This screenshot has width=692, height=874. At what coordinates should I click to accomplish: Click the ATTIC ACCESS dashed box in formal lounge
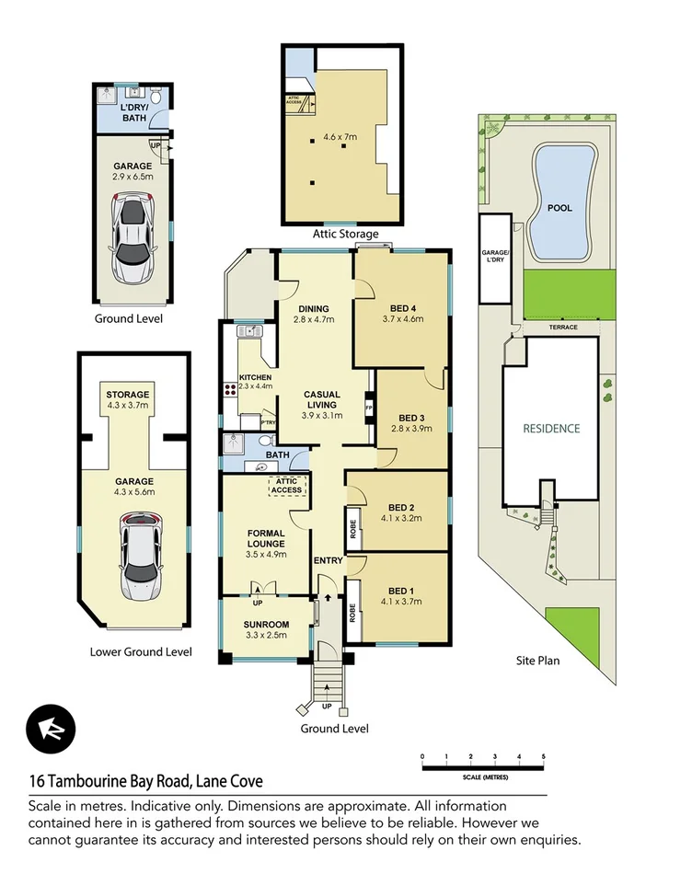coord(285,485)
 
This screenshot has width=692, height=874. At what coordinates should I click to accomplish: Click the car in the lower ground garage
coord(137,556)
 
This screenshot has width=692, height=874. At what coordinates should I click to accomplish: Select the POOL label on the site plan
coord(559,208)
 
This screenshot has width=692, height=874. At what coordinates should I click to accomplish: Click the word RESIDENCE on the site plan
coord(551,428)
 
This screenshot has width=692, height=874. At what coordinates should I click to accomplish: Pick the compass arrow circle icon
coord(47,728)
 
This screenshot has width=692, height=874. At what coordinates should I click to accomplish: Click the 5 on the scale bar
coord(543,756)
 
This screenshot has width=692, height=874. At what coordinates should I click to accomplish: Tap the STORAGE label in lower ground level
coord(127,395)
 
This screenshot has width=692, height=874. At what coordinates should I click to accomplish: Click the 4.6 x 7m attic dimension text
coord(340,138)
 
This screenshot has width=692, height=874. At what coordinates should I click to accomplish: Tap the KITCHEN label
coord(255,377)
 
